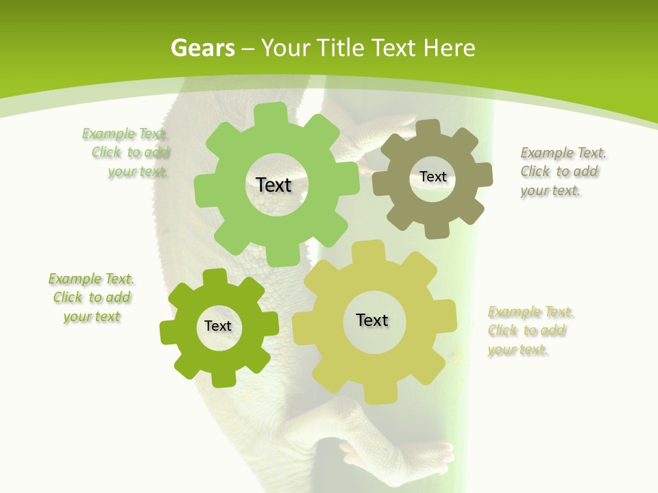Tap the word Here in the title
tap(448, 48)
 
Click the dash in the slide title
tap(249, 49)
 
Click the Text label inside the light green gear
tap(273, 185)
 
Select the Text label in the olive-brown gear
tap(432, 177)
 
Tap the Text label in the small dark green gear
tap(218, 327)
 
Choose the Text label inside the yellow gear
tap(372, 320)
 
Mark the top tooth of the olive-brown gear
tap(427, 129)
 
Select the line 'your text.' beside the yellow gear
tap(518, 350)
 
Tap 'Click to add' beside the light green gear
tap(131, 152)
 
